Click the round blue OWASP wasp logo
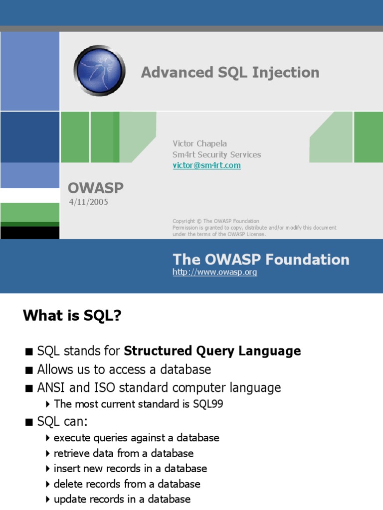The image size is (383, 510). click(x=99, y=70)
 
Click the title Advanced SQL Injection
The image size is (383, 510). click(x=230, y=73)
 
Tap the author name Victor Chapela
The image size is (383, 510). click(x=199, y=143)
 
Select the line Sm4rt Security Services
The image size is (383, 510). click(x=216, y=154)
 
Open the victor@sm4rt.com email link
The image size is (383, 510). click(x=206, y=165)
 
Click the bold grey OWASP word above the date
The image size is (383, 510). click(x=95, y=188)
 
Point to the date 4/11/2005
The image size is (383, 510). click(x=88, y=202)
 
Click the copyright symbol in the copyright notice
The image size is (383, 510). click(x=199, y=221)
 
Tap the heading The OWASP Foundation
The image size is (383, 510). click(x=261, y=259)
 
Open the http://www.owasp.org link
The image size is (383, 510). click(x=214, y=272)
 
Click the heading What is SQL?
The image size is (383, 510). click(x=72, y=315)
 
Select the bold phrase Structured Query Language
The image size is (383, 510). click(x=212, y=351)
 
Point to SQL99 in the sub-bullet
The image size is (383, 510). click(x=208, y=404)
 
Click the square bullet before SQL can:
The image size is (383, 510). click(x=29, y=422)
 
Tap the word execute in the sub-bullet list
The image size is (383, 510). click(x=72, y=438)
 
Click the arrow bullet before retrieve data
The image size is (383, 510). click(x=48, y=453)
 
